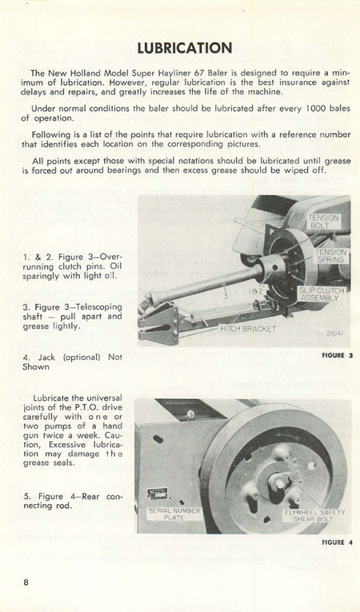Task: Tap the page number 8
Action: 26,582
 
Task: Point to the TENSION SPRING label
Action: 329,255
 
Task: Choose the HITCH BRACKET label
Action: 247,328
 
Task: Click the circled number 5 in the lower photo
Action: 190,414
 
